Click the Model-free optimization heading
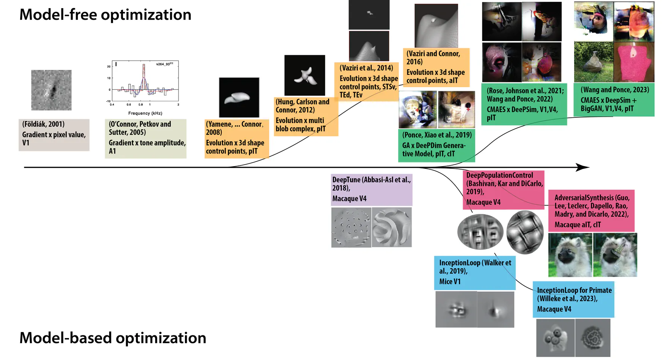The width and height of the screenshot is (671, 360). click(x=105, y=15)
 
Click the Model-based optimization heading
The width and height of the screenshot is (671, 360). click(x=113, y=338)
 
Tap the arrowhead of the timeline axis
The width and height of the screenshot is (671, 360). click(x=583, y=167)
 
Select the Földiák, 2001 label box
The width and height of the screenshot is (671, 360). click(x=54, y=135)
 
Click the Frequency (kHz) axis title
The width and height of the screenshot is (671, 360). click(x=145, y=113)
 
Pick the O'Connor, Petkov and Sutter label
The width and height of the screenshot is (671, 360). click(x=145, y=138)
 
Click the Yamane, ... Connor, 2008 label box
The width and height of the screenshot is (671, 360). click(x=236, y=138)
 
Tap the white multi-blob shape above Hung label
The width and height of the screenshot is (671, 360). click(x=305, y=75)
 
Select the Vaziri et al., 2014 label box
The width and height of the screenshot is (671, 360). click(x=367, y=81)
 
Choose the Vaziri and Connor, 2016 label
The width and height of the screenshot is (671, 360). click(x=435, y=67)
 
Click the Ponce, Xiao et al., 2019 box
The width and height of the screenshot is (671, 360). click(x=437, y=145)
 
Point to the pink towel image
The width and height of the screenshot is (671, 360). click(x=634, y=62)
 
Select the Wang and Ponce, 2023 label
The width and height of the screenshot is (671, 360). click(x=614, y=100)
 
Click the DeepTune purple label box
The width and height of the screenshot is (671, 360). click(x=372, y=189)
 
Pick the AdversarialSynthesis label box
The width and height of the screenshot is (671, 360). click(x=591, y=211)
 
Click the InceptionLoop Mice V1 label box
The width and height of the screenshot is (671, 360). click(x=475, y=272)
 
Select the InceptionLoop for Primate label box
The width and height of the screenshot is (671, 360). click(x=573, y=300)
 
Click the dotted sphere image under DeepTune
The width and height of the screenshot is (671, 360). click(x=351, y=227)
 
